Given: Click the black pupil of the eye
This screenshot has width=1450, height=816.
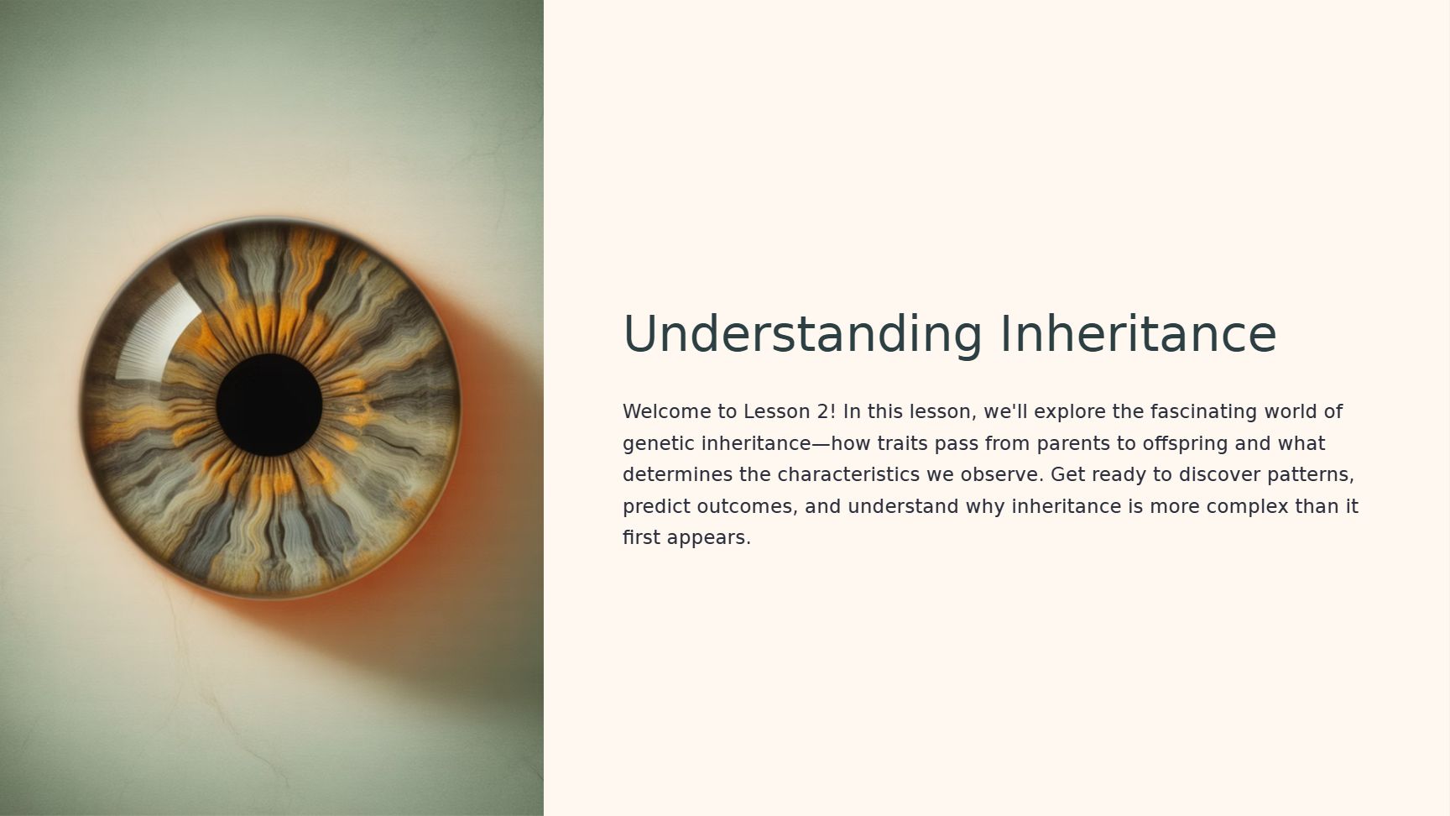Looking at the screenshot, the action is [x=269, y=405].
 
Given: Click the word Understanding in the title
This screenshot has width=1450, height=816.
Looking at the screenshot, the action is [x=802, y=334].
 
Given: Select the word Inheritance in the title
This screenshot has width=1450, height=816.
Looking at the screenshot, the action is [x=1139, y=333].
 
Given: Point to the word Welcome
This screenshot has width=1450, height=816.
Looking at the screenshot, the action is [x=667, y=411].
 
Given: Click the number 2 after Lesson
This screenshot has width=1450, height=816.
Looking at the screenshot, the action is [x=826, y=411].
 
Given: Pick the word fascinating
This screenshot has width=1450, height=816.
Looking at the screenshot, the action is [x=1203, y=411].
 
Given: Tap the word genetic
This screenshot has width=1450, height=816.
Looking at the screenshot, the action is [x=659, y=443].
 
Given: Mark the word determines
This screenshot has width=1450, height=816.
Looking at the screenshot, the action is [x=678, y=474].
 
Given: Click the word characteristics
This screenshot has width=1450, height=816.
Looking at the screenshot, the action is [x=848, y=474].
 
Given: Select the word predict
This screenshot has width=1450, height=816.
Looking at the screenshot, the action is [x=657, y=507].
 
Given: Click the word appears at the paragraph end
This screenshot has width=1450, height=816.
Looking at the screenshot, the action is [x=709, y=538].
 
